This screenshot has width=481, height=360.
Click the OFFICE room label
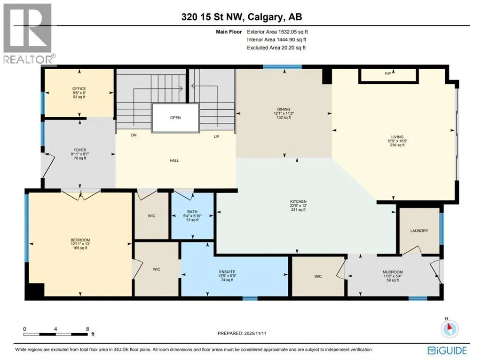pyautogui.click(x=79, y=88)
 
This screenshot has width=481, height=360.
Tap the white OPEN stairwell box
pyautogui.click(x=175, y=118)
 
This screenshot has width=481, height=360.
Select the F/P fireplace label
pyautogui.click(x=388, y=74)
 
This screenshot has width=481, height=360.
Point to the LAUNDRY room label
pyautogui.click(x=419, y=231)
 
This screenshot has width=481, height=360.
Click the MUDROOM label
pyautogui.click(x=393, y=272)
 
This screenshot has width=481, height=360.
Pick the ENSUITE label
pyautogui.click(x=227, y=272)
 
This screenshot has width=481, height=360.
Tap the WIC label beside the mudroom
pyautogui.click(x=318, y=276)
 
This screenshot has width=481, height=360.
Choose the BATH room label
pyautogui.click(x=192, y=212)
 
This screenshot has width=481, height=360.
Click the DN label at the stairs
pyautogui.click(x=134, y=135)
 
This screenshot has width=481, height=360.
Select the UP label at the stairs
pyautogui.click(x=217, y=136)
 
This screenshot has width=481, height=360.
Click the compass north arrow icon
pyautogui.click(x=449, y=328)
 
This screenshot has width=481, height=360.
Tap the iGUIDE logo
pyautogui.click(x=447, y=351)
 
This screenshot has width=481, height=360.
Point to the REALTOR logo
pyautogui.click(x=28, y=33)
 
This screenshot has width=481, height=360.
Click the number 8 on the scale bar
pyautogui.click(x=87, y=329)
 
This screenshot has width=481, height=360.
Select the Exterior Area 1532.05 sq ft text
pyautogui.click(x=277, y=32)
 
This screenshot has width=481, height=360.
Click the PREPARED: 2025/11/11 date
pyautogui.click(x=242, y=333)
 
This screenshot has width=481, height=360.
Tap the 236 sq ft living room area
pyautogui.click(x=397, y=145)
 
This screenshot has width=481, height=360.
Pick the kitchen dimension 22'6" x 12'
pyautogui.click(x=298, y=206)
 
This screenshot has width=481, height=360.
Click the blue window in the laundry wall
pyautogui.click(x=442, y=229)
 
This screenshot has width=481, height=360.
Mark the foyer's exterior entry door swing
pyautogui.click(x=48, y=165)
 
